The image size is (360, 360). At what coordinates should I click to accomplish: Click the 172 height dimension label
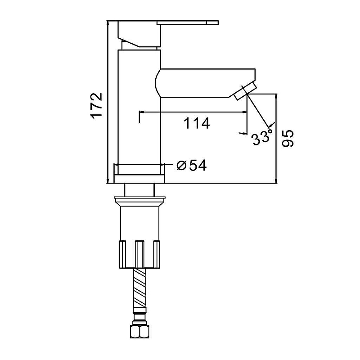[x=96, y=106]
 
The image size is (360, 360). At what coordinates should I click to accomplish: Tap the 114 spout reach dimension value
[x=197, y=123]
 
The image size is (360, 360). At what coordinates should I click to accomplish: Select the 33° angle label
[x=262, y=137]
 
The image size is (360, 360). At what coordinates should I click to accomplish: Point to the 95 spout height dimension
[x=288, y=139]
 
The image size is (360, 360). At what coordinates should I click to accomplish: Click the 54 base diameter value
[x=198, y=165]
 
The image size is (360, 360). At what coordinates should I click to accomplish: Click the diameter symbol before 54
[x=181, y=165]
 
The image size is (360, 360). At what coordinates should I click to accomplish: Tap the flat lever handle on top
[x=188, y=23]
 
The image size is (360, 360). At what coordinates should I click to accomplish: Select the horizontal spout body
[x=205, y=83]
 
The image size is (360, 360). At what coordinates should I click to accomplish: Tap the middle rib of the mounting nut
[x=139, y=254]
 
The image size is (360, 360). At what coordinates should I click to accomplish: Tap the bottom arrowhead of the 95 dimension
[x=276, y=181]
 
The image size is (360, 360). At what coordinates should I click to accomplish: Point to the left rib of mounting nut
[x=122, y=254]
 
